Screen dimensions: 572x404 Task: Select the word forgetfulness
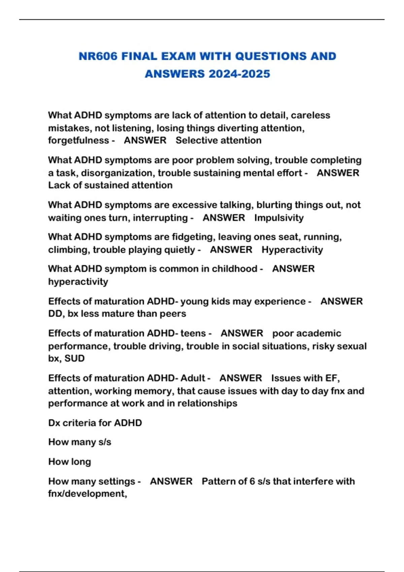(78, 140)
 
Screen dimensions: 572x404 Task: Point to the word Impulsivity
(279, 218)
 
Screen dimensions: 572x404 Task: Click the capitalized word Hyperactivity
(292, 250)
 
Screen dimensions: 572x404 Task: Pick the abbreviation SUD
(74, 358)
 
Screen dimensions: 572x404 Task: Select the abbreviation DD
(55, 314)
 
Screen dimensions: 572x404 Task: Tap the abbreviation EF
(332, 378)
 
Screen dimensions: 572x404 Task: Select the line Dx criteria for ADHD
(95, 423)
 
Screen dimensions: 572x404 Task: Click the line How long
(69, 462)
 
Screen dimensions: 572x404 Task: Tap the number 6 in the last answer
(252, 481)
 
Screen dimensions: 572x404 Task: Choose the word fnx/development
(87, 494)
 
